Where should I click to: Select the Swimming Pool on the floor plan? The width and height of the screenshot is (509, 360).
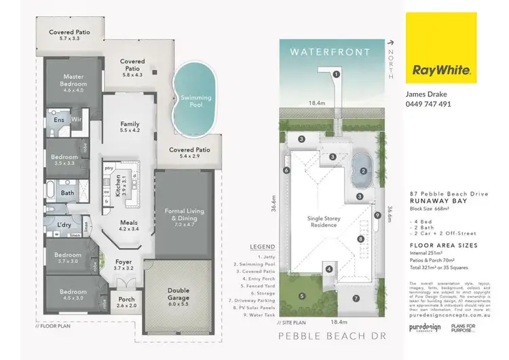(195, 101)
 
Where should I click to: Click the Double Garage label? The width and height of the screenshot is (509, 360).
(178, 293)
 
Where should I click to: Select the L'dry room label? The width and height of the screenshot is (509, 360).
(65, 224)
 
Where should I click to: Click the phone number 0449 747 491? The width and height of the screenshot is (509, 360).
(428, 104)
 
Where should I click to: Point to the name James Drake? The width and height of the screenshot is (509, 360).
(426, 94)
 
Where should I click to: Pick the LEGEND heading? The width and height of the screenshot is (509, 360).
(263, 246)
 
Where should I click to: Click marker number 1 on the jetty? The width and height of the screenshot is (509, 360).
(336, 74)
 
